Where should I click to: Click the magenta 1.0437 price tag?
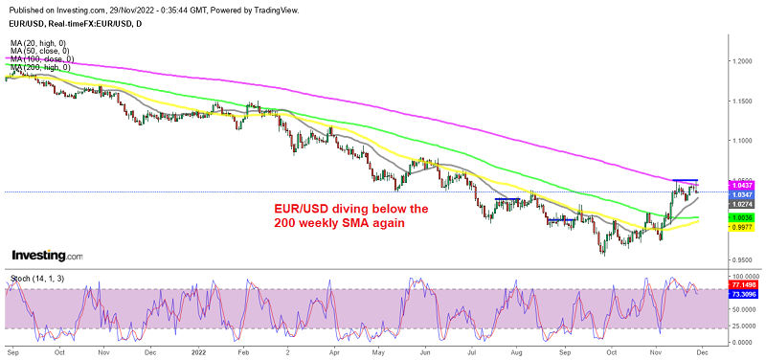743,185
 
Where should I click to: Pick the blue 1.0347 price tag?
743,194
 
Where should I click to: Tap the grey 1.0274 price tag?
743,204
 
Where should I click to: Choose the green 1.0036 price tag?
743,218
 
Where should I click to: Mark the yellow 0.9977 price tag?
743,228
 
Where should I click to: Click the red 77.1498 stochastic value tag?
745,285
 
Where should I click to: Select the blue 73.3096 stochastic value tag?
745,295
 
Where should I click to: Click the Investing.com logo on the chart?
47,256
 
